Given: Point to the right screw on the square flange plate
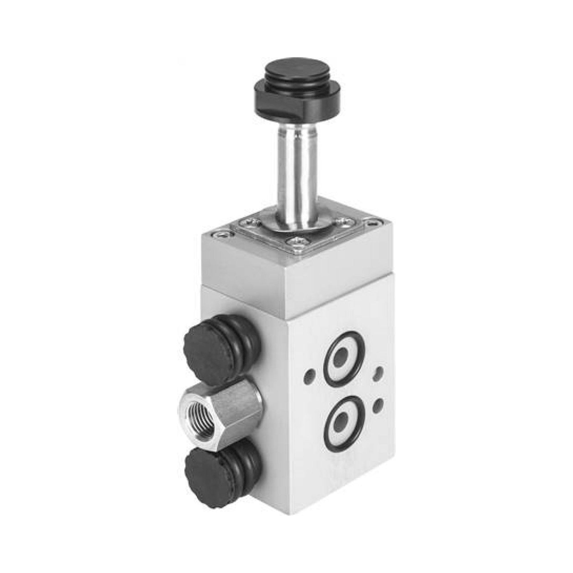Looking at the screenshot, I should (344, 220).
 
